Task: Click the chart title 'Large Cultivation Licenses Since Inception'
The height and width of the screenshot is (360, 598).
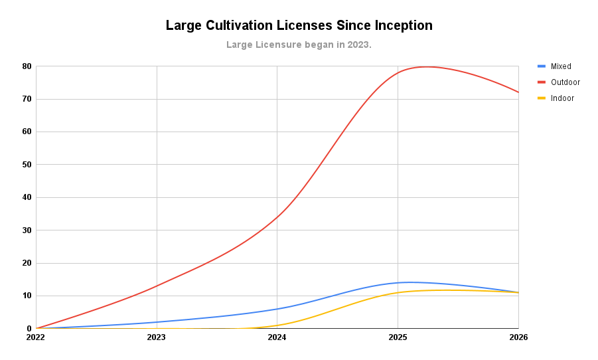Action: (x=299, y=26)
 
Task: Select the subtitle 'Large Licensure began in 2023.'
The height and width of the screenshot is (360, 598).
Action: (x=299, y=45)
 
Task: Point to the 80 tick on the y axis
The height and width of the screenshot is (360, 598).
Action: (x=27, y=66)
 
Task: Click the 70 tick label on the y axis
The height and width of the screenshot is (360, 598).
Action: (x=27, y=99)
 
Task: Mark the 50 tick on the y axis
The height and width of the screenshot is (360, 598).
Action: (x=27, y=165)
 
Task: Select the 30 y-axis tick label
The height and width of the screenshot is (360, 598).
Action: (x=27, y=230)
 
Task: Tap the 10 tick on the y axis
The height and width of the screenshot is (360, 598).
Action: (x=27, y=296)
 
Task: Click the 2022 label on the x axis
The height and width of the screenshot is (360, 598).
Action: (x=36, y=337)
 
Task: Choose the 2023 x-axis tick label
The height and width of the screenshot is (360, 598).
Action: (x=157, y=337)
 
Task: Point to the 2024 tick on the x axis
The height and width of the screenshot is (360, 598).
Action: (x=277, y=337)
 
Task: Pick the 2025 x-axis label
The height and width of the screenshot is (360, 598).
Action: (x=398, y=337)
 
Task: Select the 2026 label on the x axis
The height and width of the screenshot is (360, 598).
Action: (x=518, y=337)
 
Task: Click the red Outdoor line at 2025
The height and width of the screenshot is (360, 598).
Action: (x=398, y=72)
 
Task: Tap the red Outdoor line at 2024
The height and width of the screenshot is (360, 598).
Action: (x=277, y=217)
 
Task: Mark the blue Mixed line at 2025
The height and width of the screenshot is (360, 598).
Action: (x=398, y=282)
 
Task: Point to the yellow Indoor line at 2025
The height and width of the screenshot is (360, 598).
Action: (x=398, y=292)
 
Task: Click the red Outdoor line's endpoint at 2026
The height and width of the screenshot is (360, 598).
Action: (x=518, y=92)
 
